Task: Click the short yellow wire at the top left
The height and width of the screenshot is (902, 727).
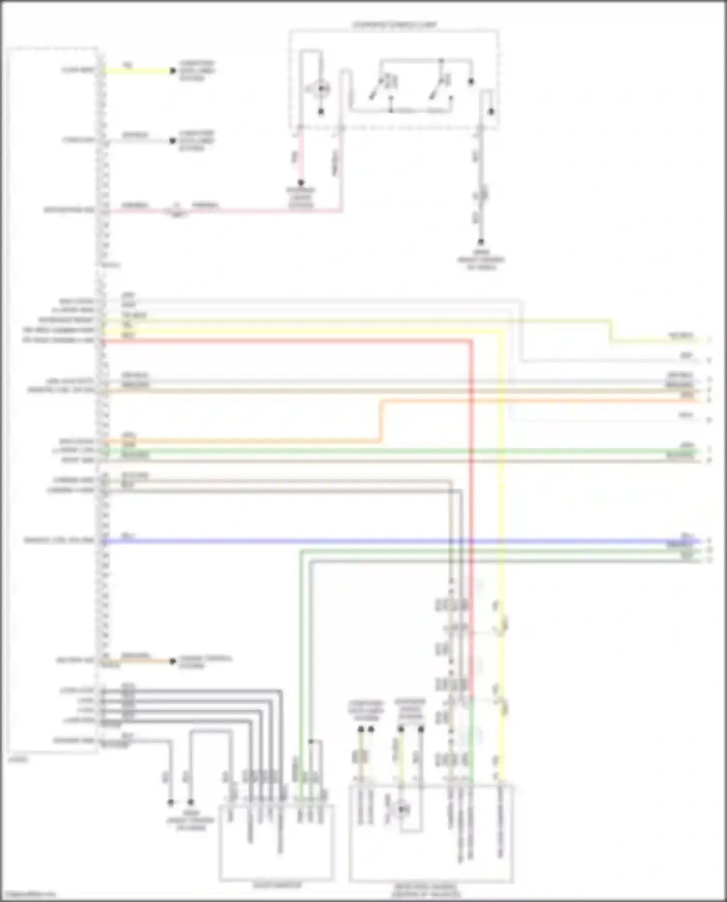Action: (x=138, y=71)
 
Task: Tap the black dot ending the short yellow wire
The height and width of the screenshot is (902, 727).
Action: (x=173, y=71)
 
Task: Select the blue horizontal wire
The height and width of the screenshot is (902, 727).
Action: (x=388, y=541)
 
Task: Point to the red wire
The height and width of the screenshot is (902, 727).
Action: (x=291, y=342)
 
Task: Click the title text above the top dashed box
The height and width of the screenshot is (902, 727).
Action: (x=394, y=24)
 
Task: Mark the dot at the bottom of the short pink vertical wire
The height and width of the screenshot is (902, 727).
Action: (x=300, y=183)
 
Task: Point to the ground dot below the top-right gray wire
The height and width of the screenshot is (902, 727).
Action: (x=481, y=241)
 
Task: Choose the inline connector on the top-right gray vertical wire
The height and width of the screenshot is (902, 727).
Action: (x=482, y=195)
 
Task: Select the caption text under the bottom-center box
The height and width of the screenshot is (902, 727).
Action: (x=277, y=885)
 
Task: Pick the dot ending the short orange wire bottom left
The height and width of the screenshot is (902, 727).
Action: (x=173, y=661)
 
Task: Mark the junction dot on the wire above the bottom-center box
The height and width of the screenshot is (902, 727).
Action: (x=311, y=742)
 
